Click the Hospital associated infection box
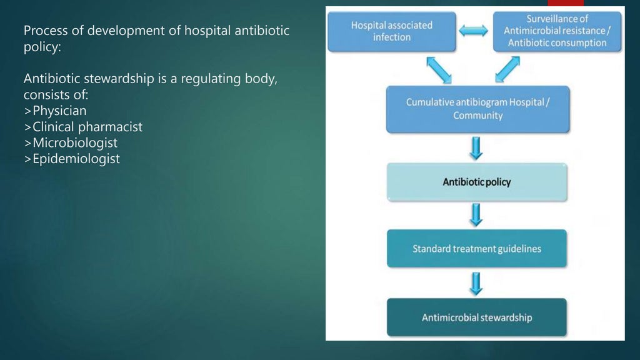tap(392, 31)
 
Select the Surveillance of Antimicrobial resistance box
tap(557, 31)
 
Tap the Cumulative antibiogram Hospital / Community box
tap(477, 109)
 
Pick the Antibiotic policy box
tap(477, 182)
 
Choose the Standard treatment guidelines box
tap(477, 249)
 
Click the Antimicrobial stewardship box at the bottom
tap(477, 317)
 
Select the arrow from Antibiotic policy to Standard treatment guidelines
tap(476, 214)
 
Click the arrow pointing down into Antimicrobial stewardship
tap(476, 283)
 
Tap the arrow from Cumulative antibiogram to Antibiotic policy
tap(476, 147)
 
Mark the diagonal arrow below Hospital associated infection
tap(439, 69)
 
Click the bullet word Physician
tap(59, 111)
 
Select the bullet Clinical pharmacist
tap(87, 127)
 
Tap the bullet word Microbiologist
tap(75, 143)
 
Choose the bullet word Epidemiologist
tap(76, 159)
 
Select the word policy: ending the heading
tap(42, 47)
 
